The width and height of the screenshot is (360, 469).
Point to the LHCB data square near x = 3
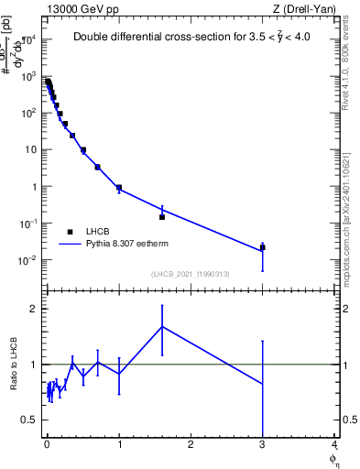tap(263, 247)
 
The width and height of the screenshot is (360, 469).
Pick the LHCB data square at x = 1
tap(119, 188)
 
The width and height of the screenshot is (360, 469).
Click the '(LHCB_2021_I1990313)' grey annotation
tap(190, 274)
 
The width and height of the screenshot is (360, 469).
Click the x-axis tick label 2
tap(191, 446)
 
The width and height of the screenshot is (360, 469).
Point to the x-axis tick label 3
tap(263, 446)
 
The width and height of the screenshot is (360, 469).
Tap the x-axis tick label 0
tap(46, 446)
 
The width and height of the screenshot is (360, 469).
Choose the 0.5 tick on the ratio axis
tap(30, 420)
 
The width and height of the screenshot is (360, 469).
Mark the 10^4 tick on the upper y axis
tap(28, 39)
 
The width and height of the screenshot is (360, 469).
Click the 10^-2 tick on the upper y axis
tap(28, 260)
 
